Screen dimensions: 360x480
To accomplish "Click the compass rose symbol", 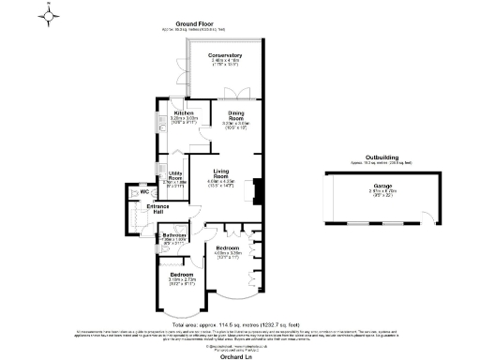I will [50, 13].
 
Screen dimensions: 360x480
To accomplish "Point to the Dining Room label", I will [236, 116].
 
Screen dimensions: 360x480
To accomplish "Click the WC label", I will [145, 193].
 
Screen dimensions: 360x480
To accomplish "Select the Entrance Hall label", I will [156, 209].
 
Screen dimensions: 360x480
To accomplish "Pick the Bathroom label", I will [175, 236].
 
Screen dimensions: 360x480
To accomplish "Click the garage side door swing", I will [431, 215].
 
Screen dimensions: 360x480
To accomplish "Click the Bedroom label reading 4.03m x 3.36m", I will [228, 249].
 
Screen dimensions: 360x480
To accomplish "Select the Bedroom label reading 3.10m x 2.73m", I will [183, 276].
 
